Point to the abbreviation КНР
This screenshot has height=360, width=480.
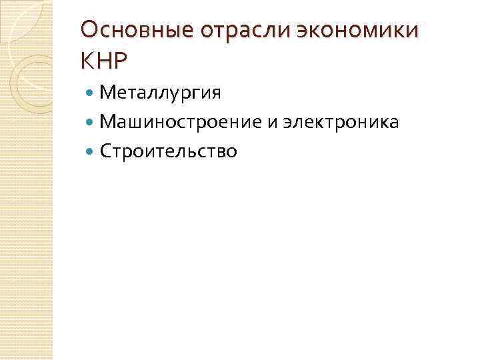click(103, 61)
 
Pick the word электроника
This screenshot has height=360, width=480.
click(341, 123)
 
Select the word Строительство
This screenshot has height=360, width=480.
click(168, 152)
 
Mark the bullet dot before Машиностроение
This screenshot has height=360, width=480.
click(91, 123)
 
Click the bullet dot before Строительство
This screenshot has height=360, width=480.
click(91, 152)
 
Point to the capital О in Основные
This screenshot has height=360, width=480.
click(89, 31)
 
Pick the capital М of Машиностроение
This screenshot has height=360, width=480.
click(107, 123)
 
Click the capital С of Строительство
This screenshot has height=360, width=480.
click(105, 152)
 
